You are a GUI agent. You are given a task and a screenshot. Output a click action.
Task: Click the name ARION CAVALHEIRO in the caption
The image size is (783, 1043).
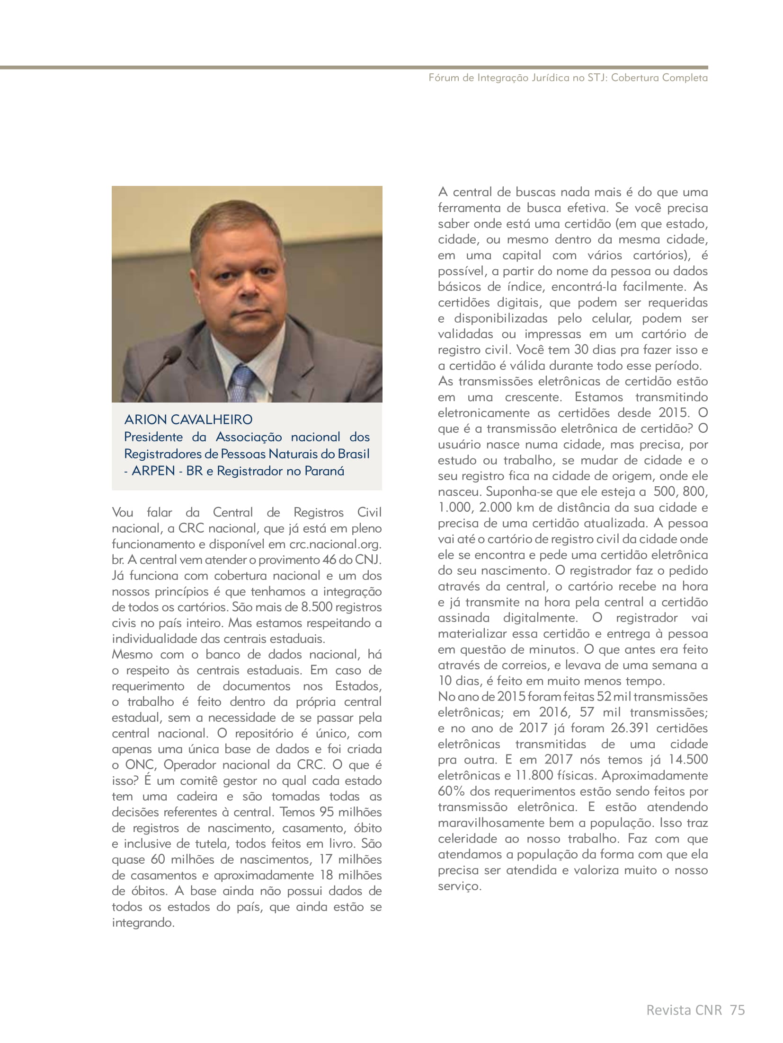[188, 420]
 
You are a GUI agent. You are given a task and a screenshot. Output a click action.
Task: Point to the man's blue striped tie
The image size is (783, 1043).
[243, 381]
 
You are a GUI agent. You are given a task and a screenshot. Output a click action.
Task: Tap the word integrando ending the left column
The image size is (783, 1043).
[143, 923]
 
